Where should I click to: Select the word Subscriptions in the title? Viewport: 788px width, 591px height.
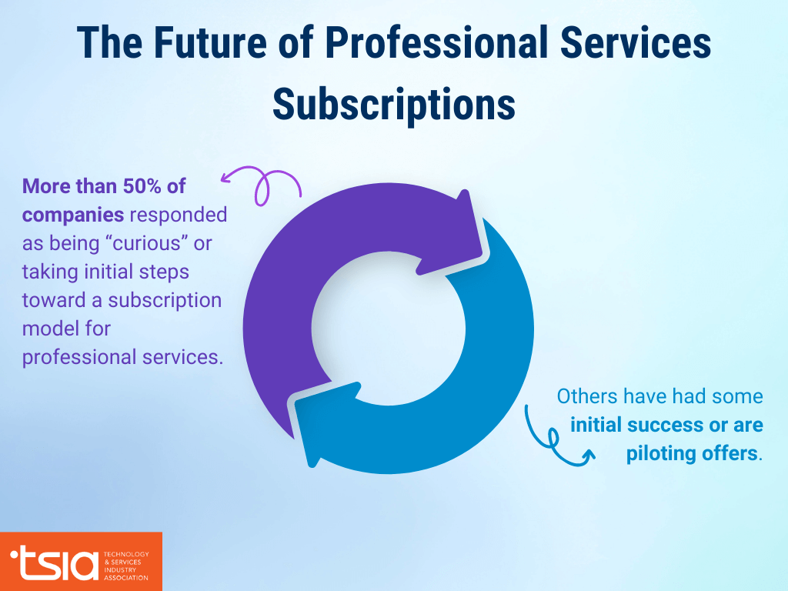(393, 104)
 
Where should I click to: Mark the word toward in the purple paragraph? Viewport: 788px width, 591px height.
(61, 300)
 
